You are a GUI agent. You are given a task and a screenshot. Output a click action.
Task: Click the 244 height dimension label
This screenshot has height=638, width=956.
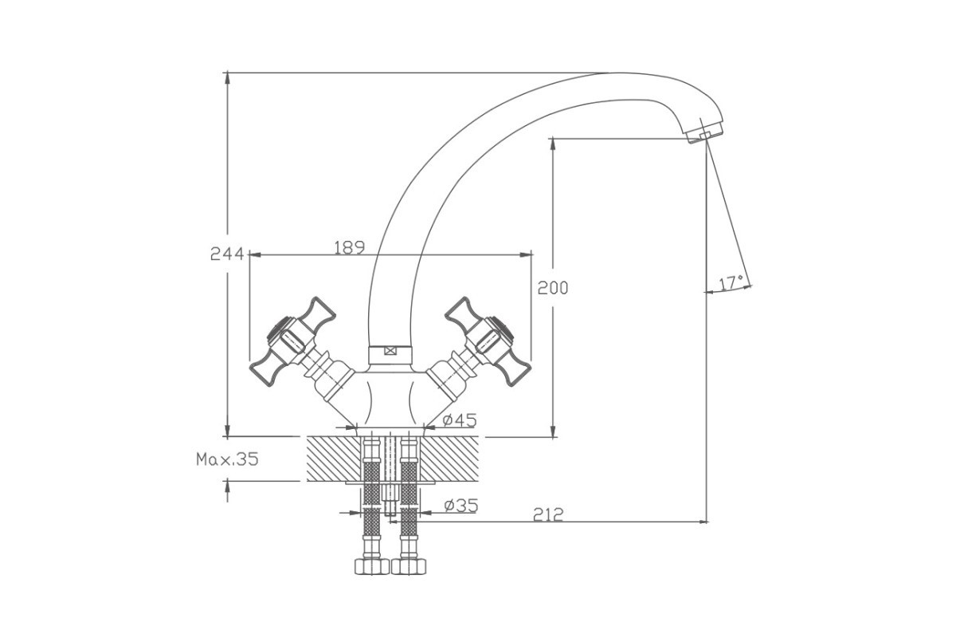227,254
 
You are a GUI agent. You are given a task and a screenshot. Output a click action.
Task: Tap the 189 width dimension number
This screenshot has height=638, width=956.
350,248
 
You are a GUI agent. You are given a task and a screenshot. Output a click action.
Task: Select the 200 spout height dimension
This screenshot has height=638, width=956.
553,289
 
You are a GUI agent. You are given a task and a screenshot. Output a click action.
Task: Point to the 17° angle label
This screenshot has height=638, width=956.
731,283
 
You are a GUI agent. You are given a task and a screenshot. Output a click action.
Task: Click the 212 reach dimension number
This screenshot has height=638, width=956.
548,515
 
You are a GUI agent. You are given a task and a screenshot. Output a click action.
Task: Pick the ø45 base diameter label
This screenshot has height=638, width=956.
460,420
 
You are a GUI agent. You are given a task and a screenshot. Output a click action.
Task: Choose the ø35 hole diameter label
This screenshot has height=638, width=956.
461,506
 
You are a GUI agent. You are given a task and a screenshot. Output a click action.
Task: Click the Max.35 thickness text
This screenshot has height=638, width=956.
228,459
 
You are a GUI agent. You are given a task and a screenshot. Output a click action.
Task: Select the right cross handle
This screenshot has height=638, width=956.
487,342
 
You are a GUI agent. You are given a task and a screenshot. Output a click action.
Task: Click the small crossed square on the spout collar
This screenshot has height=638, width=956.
390,351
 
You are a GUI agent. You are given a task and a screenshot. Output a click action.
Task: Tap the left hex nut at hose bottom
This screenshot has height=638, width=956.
372,567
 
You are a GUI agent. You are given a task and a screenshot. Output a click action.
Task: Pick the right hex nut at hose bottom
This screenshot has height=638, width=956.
409,567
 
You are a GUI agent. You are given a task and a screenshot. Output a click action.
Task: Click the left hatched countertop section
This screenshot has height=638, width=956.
334,459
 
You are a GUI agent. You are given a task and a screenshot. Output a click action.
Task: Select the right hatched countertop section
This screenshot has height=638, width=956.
450,459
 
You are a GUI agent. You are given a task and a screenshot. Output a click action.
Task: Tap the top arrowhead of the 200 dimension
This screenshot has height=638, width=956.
553,144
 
